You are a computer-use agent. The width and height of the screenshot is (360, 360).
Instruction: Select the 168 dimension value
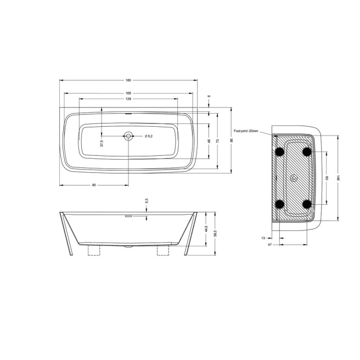click(128, 93)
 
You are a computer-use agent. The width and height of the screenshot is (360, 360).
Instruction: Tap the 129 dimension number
click(128, 99)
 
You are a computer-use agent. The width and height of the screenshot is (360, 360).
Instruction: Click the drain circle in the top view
click(128, 136)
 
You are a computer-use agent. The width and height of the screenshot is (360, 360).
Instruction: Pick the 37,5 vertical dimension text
click(102, 143)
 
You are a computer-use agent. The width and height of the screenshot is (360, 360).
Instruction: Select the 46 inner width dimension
click(209, 141)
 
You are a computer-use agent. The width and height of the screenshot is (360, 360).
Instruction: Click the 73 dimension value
click(218, 141)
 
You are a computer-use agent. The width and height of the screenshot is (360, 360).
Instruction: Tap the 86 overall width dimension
click(231, 141)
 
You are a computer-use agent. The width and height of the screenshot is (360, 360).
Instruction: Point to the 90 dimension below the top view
click(94, 185)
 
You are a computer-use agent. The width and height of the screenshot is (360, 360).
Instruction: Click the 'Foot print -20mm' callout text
click(245, 131)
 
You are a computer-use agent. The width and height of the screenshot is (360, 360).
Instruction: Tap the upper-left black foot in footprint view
click(280, 151)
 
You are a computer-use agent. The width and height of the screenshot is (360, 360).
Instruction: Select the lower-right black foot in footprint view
click(307, 204)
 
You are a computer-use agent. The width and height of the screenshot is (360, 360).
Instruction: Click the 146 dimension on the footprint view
click(340, 178)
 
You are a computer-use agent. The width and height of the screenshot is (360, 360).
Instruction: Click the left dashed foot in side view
click(94, 250)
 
